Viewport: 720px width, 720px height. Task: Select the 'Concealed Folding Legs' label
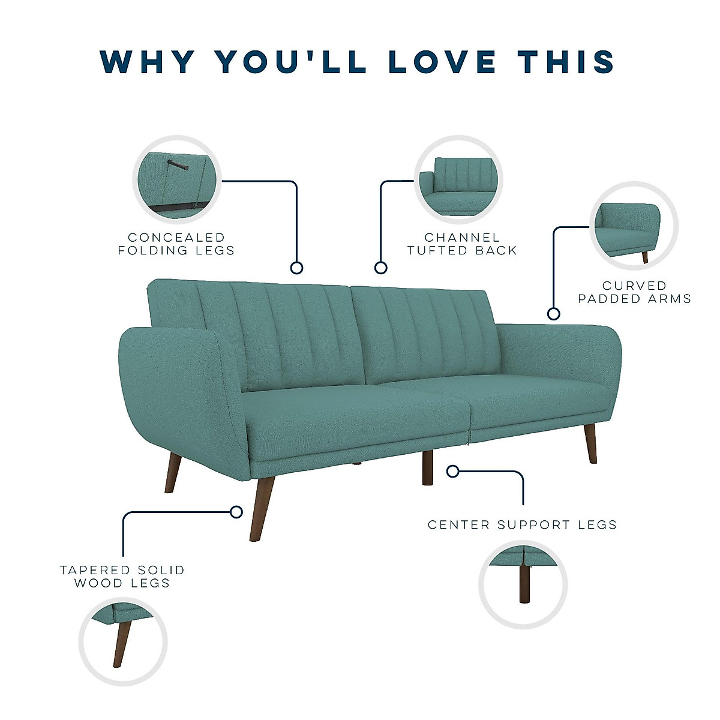(176, 244)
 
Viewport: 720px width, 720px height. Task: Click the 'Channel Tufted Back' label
(462, 244)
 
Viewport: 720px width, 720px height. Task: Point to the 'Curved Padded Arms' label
(635, 292)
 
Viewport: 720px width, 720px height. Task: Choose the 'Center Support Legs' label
(523, 525)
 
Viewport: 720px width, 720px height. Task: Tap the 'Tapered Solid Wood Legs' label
(122, 577)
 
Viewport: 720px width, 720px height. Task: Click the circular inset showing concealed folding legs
(177, 180)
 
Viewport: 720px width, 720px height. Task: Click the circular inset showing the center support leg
(523, 584)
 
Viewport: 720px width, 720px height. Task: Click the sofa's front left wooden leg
(262, 509)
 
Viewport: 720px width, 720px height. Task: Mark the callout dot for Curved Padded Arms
(554, 313)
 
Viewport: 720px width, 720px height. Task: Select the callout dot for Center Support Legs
(453, 472)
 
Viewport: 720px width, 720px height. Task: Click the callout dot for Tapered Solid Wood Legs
(236, 512)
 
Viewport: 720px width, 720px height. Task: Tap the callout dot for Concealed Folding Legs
(296, 268)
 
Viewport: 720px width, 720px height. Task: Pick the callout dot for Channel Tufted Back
(380, 268)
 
